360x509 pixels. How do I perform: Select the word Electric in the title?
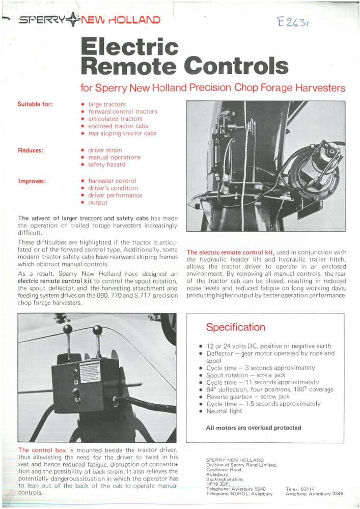pos(130,47)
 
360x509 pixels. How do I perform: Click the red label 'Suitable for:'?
pos(35,104)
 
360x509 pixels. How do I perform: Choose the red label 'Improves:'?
pos(32,181)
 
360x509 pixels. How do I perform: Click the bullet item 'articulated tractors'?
pos(115,119)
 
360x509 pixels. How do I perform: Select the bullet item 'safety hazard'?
pos(106,164)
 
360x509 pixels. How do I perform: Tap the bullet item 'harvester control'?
pos(112,181)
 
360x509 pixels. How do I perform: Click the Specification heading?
pos(235,327)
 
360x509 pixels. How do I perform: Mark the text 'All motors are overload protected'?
pos(253,428)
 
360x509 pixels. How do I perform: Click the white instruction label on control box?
pos(90,372)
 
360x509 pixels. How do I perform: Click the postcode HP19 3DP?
pos(217,484)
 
